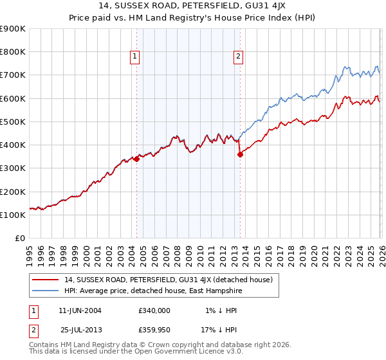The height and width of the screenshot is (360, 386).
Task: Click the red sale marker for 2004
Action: click(136, 159)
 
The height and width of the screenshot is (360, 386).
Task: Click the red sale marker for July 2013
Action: click(240, 154)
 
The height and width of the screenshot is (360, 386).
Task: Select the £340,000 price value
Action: click(154, 310)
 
